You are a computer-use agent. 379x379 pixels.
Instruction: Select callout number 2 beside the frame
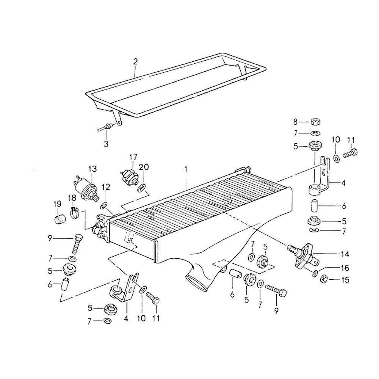pyautogui.click(x=135, y=61)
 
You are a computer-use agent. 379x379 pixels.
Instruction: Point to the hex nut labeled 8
pyautogui.click(x=314, y=122)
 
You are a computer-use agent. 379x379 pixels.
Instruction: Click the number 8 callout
pyautogui.click(x=296, y=122)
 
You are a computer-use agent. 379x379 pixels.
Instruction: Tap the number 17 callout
pyautogui.click(x=133, y=157)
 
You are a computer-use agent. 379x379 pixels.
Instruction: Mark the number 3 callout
pyautogui.click(x=106, y=144)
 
